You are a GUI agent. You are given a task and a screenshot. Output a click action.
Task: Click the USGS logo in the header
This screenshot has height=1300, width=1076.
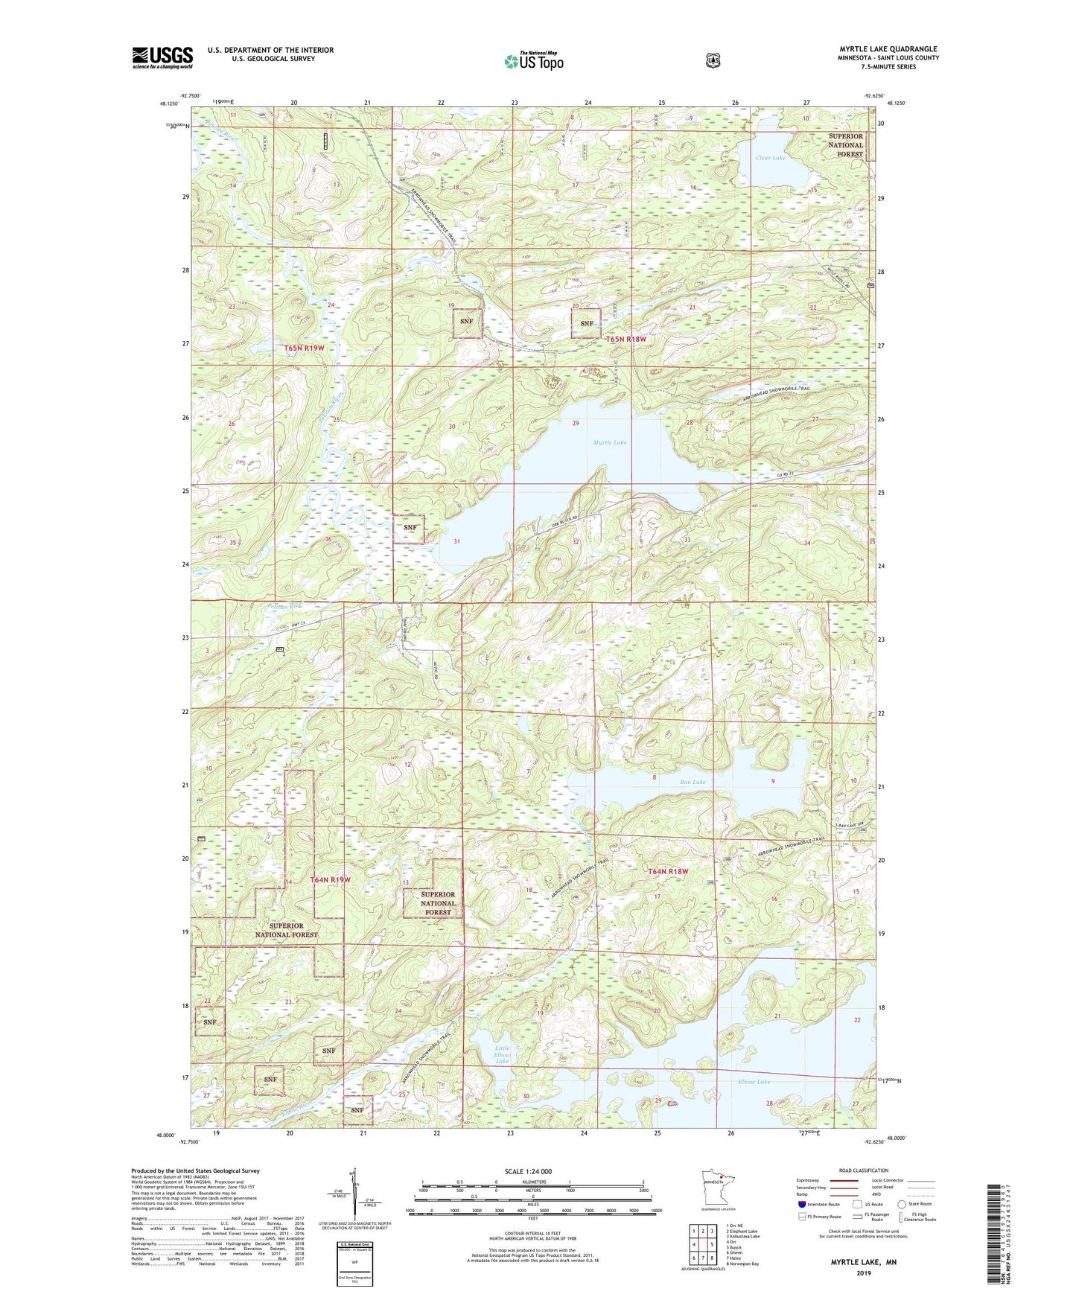coord(162,57)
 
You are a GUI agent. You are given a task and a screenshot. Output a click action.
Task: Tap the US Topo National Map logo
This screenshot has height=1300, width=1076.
coord(533,60)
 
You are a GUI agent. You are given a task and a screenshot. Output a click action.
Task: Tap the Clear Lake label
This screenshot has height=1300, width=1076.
coord(770,158)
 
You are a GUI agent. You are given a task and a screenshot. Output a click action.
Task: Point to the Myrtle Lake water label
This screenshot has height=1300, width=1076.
coord(610,442)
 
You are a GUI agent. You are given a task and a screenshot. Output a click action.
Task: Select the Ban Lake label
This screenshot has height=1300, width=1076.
coord(693,782)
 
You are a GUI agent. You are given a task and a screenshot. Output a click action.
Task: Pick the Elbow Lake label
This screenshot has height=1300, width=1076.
coord(754,1081)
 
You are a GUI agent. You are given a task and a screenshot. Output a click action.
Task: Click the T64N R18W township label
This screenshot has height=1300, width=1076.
coord(668,871)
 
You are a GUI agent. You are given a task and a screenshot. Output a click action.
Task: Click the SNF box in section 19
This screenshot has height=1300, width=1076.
coord(467,322)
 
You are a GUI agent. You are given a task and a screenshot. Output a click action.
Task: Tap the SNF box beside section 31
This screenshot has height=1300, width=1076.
coord(410,527)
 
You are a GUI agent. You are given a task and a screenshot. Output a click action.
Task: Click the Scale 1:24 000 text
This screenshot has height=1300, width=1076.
coord(528,1171)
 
